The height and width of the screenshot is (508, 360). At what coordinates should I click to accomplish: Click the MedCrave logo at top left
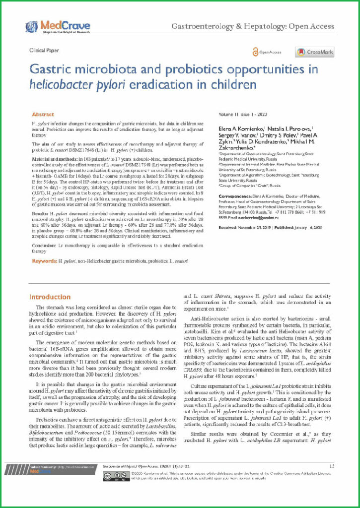point(57,27)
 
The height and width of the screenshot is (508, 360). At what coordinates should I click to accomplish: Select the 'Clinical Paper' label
point(44,50)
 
